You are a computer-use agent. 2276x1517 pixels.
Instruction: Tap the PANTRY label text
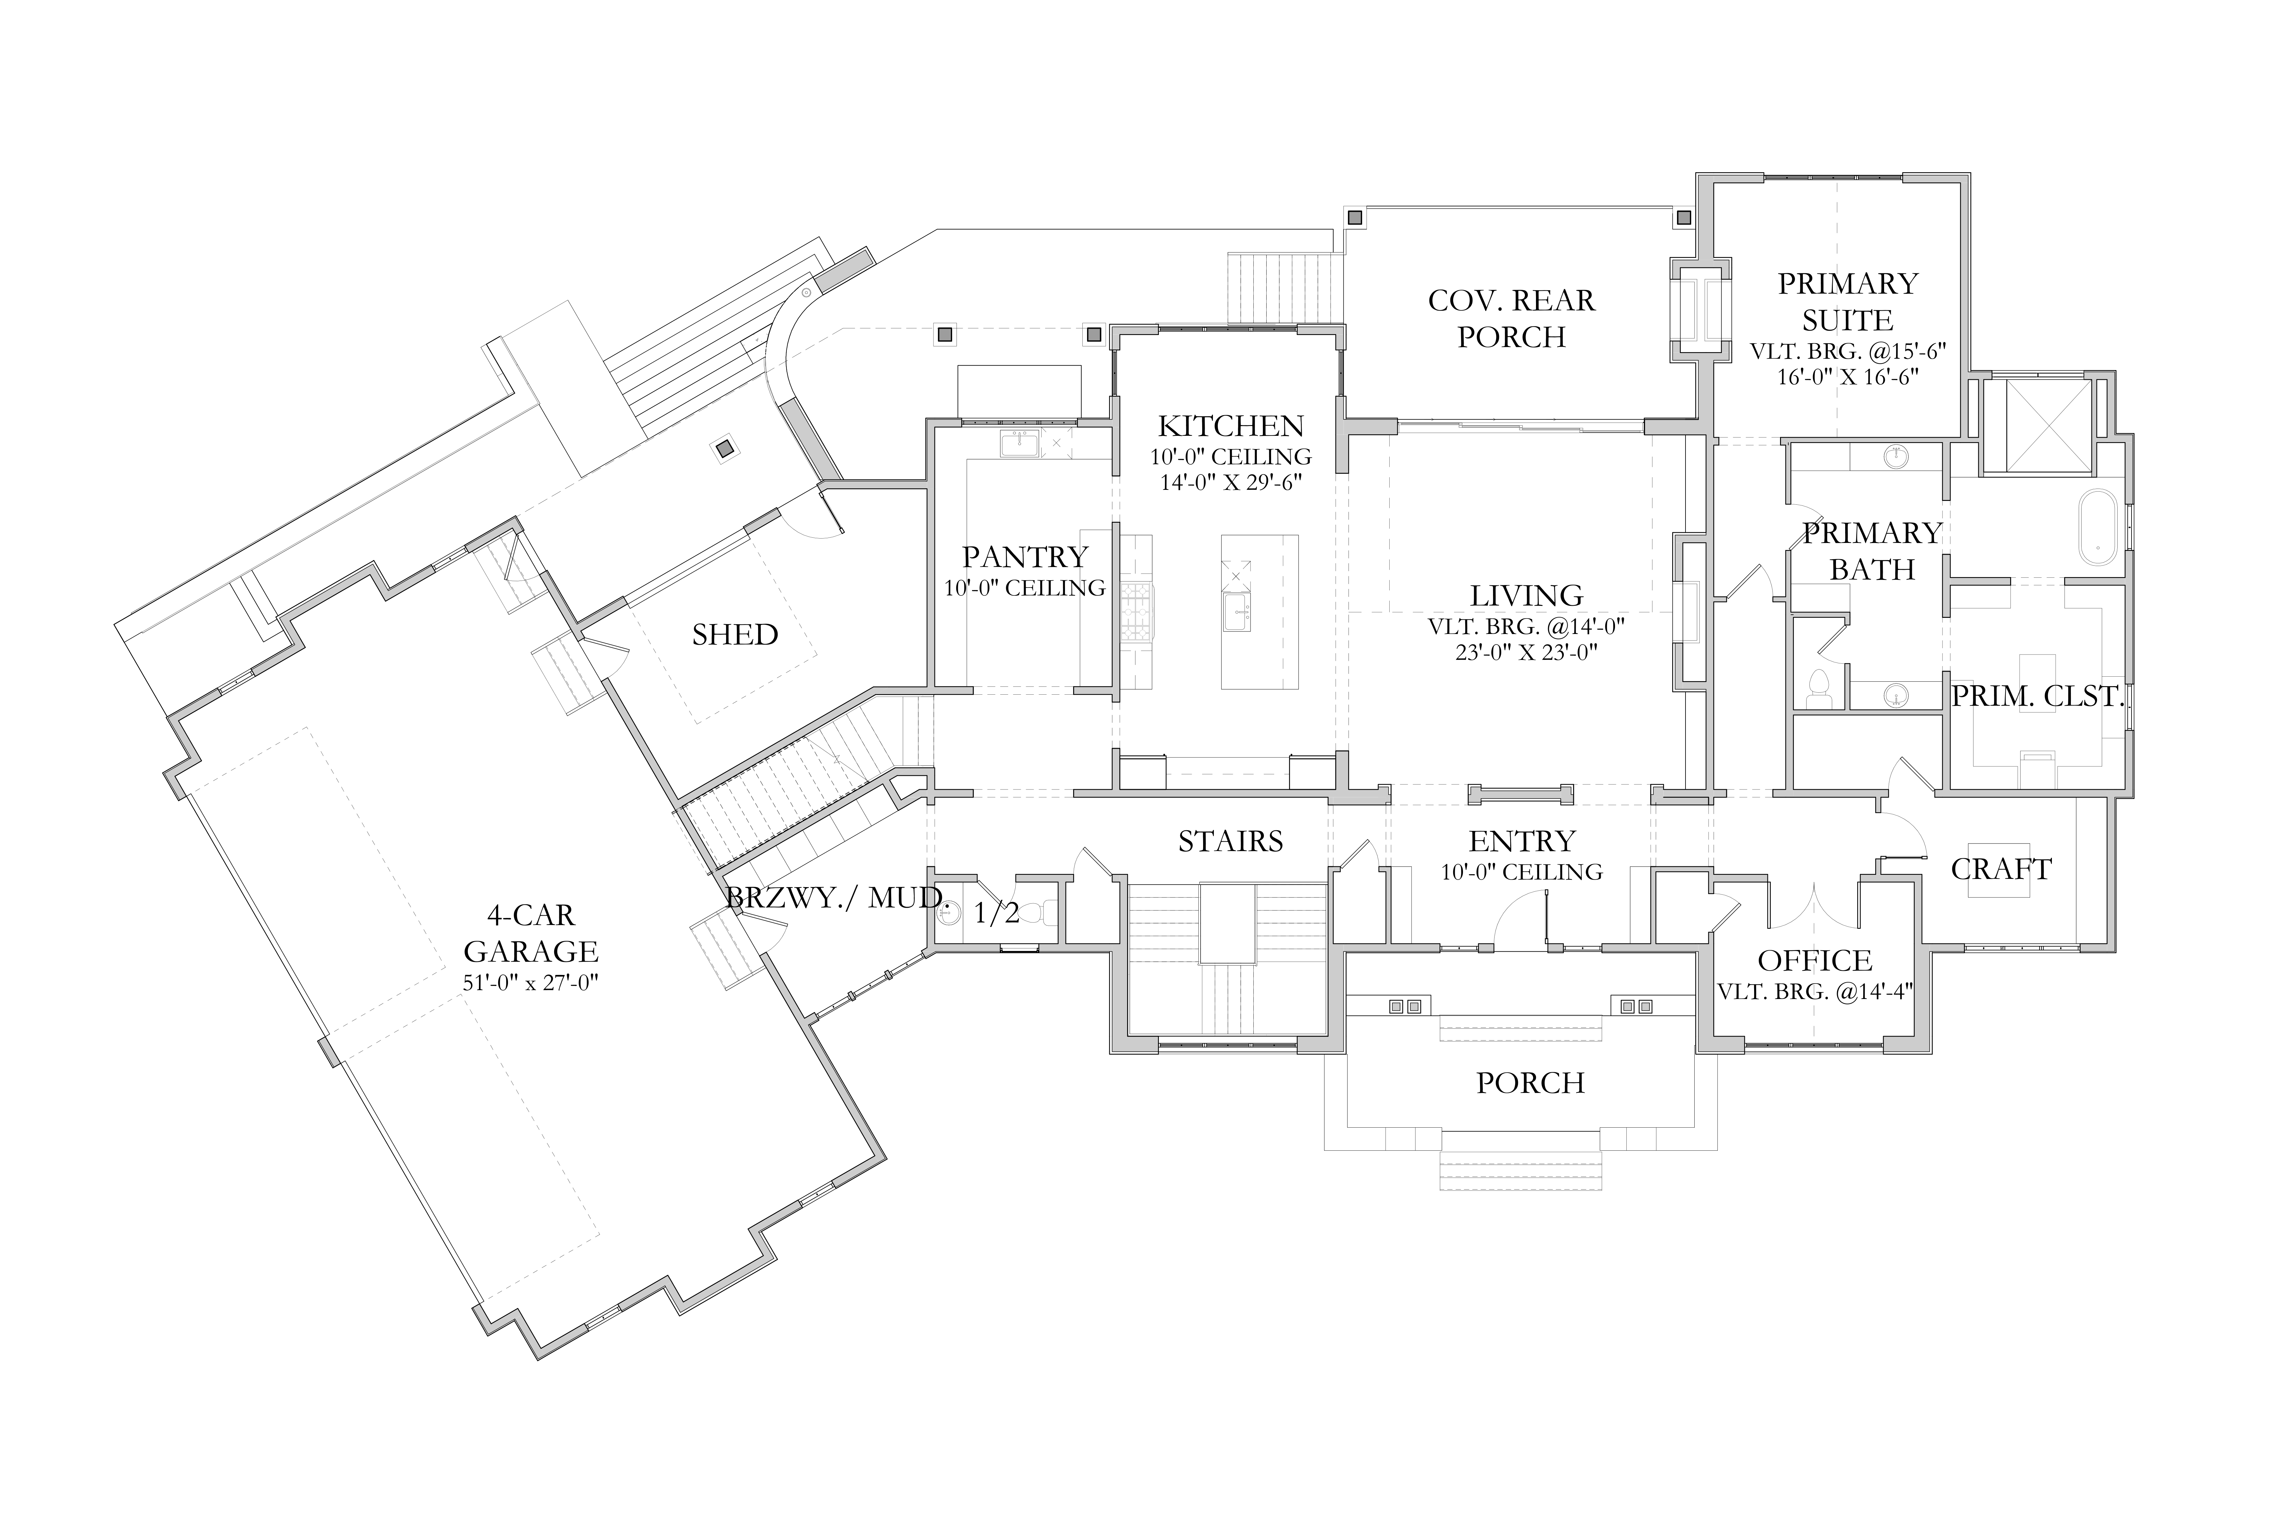(1025, 557)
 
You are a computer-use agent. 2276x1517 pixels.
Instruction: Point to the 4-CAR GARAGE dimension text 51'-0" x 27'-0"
(530, 983)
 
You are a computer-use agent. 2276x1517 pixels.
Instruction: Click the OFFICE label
(1815, 961)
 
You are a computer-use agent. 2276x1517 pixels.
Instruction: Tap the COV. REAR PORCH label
(1512, 318)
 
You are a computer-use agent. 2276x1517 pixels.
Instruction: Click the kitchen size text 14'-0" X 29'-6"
(1231, 482)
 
